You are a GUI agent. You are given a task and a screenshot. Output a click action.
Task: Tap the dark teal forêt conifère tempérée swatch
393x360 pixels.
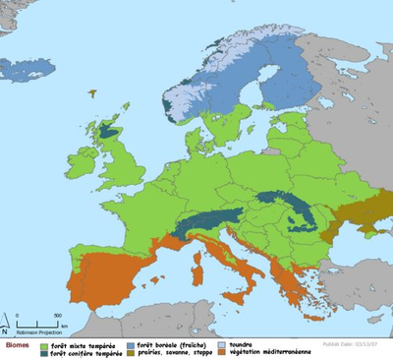(x=42, y=353)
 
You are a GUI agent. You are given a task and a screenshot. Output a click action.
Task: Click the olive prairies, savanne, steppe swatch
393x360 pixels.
(x=130, y=353)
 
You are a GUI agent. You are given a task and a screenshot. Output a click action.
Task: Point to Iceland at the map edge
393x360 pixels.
(x=20, y=69)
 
